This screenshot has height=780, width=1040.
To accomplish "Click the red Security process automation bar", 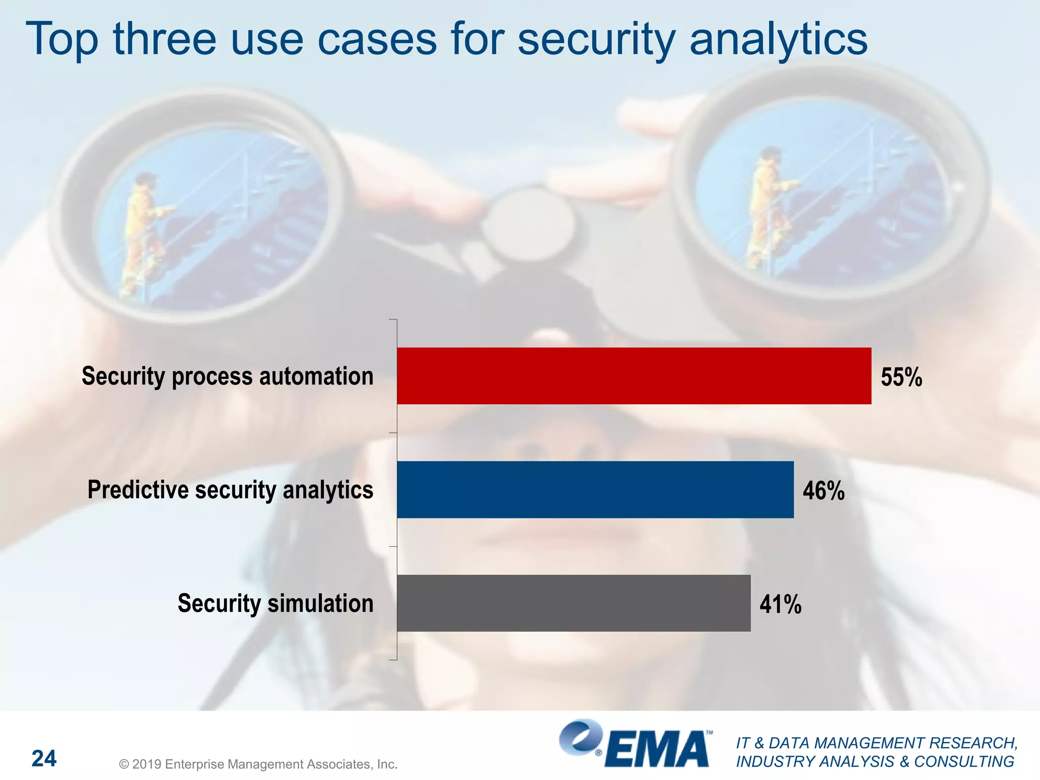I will (634, 376).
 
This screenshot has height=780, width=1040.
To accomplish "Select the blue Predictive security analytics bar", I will (595, 490).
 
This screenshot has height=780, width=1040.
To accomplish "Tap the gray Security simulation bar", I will (574, 603).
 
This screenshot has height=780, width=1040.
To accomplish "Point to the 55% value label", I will (901, 377).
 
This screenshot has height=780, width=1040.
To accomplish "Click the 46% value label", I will (824, 491).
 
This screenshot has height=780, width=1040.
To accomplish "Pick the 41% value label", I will (781, 605).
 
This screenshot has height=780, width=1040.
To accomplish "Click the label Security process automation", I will (227, 377).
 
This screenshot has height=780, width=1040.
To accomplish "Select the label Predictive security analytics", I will (230, 491).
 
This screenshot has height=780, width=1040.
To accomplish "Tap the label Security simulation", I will (275, 604).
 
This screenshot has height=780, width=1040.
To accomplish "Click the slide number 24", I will (44, 759).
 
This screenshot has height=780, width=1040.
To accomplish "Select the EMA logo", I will (635, 743).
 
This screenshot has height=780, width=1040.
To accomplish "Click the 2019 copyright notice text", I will (258, 764).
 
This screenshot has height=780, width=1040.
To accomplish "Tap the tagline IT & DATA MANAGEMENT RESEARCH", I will (877, 743).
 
